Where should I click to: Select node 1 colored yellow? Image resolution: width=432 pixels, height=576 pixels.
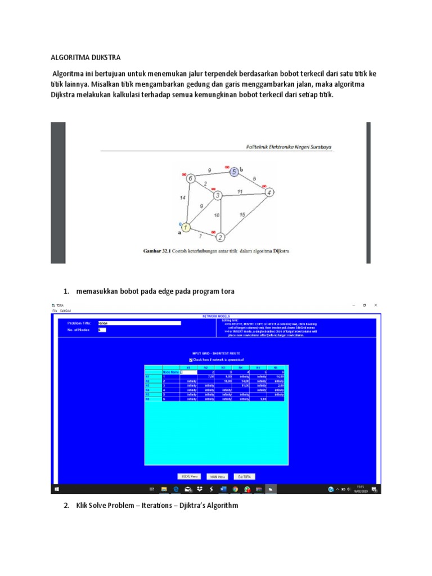click(x=186, y=227)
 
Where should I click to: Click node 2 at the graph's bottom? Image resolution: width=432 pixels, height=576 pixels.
click(x=220, y=237)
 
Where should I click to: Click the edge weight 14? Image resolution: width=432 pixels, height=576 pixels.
click(x=182, y=199)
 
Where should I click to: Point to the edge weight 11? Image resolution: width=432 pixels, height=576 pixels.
click(x=240, y=191)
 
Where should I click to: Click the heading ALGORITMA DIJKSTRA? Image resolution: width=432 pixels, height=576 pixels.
click(x=85, y=58)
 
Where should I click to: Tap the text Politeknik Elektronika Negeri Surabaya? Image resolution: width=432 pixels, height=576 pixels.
click(x=289, y=147)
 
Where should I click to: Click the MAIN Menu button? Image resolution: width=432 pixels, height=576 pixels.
click(x=217, y=476)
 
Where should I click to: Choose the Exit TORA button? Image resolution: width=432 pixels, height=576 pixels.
click(x=244, y=476)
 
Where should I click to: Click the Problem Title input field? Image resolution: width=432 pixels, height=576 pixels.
click(x=139, y=323)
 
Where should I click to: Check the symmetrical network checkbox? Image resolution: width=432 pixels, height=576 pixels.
click(x=191, y=360)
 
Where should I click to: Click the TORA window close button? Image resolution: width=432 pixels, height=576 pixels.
click(x=375, y=305)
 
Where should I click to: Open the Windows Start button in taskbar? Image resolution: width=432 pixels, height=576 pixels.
click(x=56, y=489)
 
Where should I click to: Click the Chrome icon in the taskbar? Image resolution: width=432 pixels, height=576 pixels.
click(x=235, y=489)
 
